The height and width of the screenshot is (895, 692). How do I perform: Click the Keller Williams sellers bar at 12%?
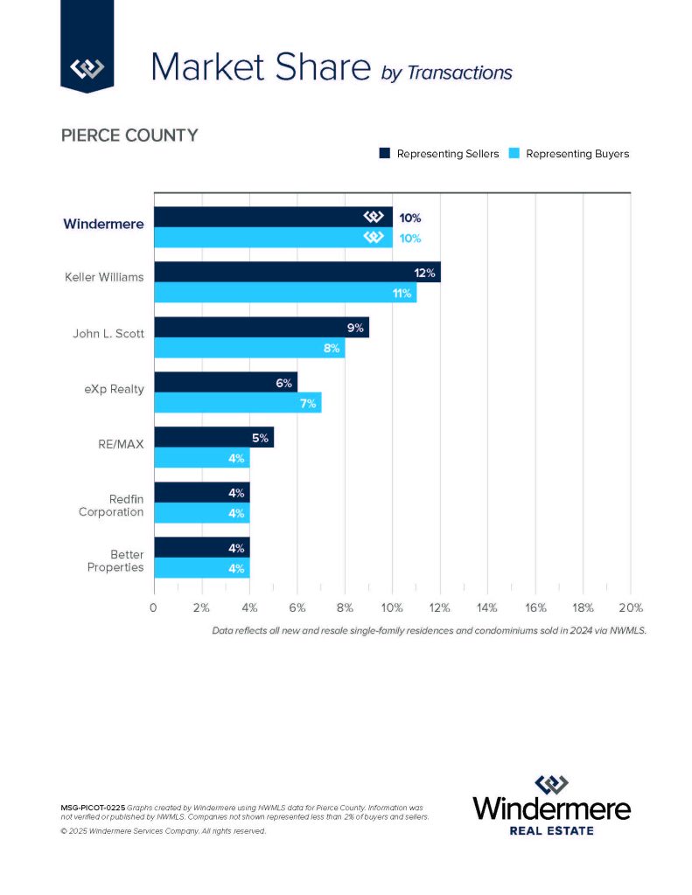click(297, 272)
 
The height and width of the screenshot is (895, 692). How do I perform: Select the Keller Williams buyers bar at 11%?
click(285, 293)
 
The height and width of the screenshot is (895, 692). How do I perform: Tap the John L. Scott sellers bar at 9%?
click(262, 328)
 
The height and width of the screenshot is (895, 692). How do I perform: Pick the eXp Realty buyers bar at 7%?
click(238, 403)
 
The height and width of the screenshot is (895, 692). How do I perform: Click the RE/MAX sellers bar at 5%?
click(213, 437)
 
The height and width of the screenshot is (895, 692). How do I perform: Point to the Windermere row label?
click(103, 224)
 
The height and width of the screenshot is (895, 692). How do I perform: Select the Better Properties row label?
click(115, 560)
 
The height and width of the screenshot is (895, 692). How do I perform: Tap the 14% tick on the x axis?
click(487, 607)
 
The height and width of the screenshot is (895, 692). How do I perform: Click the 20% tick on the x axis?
click(630, 607)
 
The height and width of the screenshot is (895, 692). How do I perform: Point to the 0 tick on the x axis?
click(154, 607)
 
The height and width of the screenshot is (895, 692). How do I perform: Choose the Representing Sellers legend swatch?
click(384, 154)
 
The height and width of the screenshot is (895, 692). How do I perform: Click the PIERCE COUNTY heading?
click(129, 135)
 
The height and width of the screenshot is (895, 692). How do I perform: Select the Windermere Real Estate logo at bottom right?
click(551, 804)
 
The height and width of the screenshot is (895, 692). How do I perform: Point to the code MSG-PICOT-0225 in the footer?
click(92, 805)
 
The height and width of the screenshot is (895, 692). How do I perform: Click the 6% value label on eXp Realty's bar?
click(283, 383)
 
